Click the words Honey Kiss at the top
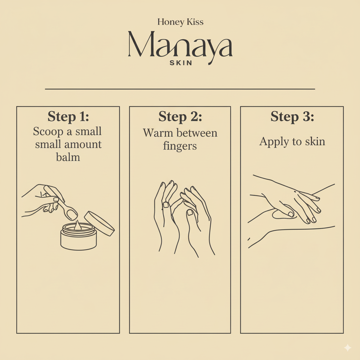pyautogui.click(x=180, y=22)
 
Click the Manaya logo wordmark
pyautogui.click(x=180, y=45)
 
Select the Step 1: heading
pyautogui.click(x=68, y=117)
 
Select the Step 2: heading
pyautogui.click(x=180, y=117)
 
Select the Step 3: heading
pyautogui.click(x=292, y=117)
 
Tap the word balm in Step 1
pyautogui.click(x=68, y=157)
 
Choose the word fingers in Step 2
pyautogui.click(x=180, y=146)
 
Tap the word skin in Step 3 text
pyautogui.click(x=315, y=141)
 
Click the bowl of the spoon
pyautogui.click(x=72, y=213)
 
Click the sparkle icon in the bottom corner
pyautogui.click(x=347, y=348)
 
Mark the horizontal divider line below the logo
pyautogui.click(x=180, y=89)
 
